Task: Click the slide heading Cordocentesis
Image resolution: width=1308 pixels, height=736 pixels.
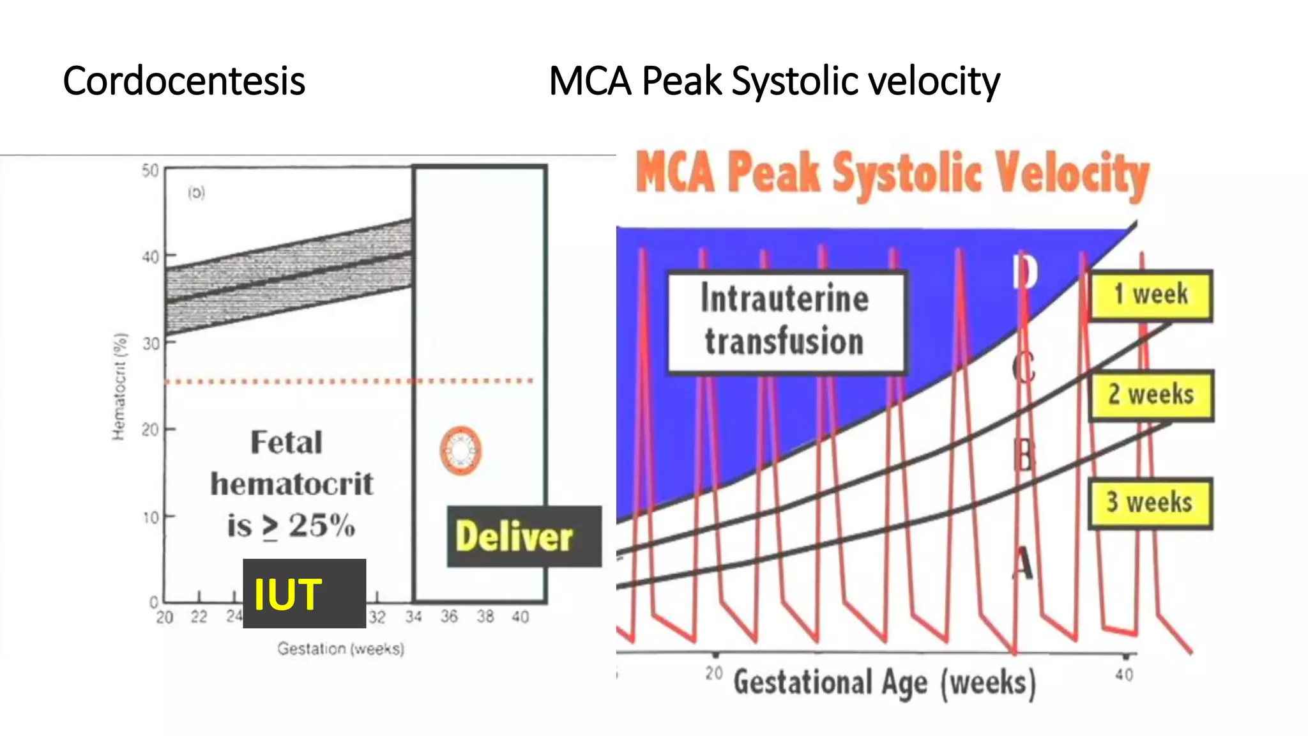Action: [x=184, y=82]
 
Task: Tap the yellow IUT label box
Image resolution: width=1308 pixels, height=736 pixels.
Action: [x=304, y=594]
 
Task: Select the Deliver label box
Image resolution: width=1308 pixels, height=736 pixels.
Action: [x=523, y=537]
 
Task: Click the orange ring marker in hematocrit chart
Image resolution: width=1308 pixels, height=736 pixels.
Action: [x=460, y=450]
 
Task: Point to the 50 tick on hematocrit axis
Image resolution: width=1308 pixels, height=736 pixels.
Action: [x=151, y=171]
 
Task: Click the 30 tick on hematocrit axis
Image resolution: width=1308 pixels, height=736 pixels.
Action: [x=151, y=344]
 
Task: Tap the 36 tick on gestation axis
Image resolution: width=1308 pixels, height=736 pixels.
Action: [x=449, y=617]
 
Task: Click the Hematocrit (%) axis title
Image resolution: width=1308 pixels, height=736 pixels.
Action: [x=119, y=387]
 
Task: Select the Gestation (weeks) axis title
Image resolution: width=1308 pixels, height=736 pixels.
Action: [x=340, y=648]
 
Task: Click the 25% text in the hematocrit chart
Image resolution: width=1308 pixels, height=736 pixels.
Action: [x=321, y=526]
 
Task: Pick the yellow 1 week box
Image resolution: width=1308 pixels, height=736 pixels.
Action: [x=1150, y=295]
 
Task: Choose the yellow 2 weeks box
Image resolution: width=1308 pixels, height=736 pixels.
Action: [x=1151, y=395]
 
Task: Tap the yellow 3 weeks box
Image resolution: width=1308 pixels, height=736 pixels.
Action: [x=1150, y=503]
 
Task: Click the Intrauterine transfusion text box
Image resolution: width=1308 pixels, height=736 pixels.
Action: [x=786, y=321]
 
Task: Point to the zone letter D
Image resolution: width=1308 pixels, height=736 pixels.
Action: [x=1025, y=273]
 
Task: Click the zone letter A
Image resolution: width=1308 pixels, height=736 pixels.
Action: [x=1023, y=563]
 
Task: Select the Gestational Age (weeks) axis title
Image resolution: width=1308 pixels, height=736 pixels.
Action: [x=884, y=682]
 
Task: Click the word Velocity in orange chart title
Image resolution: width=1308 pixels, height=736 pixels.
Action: [x=1073, y=174]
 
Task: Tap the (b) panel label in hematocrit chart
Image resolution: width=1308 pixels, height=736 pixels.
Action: [x=197, y=192]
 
